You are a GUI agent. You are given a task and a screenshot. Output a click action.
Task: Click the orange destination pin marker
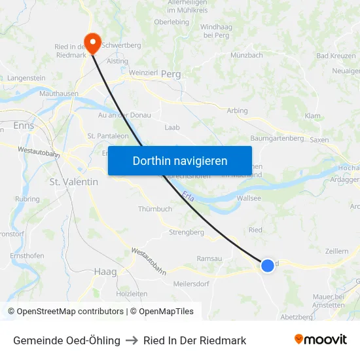coord(92,43)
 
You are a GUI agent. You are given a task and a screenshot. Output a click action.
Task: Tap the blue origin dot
coord(267,266)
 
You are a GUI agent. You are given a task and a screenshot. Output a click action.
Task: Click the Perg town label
coord(170,75)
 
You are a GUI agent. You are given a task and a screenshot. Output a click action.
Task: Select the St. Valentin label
coord(74,181)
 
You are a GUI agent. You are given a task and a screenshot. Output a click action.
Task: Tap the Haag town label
coord(105,271)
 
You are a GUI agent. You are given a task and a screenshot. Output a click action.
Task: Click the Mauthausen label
coord(59,94)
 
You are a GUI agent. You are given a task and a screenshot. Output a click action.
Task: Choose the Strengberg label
coord(187,232)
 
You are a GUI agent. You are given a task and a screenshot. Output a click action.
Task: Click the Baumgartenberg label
coord(277,139)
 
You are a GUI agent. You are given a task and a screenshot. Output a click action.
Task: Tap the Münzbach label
coord(247,56)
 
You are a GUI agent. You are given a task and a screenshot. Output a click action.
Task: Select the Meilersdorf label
coord(191,283)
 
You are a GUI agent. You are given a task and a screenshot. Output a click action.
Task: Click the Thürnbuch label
coord(155,209)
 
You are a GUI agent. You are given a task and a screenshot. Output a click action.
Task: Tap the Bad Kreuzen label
coord(336,56)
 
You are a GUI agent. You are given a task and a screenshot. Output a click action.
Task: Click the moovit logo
coord(321,339)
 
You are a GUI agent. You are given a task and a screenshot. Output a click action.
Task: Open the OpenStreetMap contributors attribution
coord(65,312)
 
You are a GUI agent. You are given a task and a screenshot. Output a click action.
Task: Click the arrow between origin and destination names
coord(132,340)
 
